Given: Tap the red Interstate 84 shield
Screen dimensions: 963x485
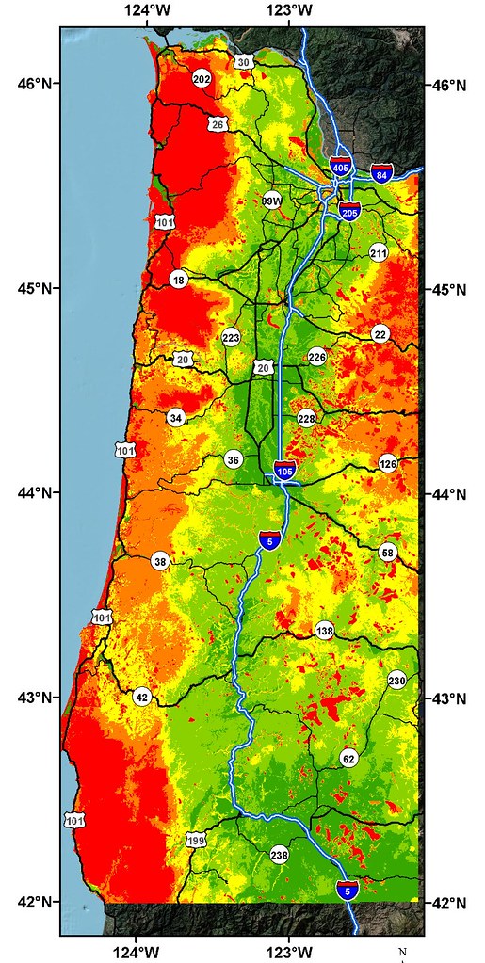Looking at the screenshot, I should coord(381,173).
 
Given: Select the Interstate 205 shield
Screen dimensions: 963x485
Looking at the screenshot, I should coord(349,212).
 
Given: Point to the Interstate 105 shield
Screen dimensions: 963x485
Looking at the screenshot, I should coord(285,469).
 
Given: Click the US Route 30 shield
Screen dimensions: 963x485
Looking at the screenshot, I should coord(244,62).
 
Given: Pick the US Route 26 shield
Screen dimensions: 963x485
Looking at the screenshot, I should coord(218,124).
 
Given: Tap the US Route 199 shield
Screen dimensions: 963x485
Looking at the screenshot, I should coord(196,840).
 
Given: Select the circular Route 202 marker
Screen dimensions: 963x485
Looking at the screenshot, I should coord(201,79).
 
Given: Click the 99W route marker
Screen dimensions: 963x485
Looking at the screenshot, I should coord(272,201).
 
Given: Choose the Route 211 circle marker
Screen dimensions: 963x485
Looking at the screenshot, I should coord(379,253).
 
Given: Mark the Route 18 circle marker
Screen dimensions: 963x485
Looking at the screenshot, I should coord(179,280).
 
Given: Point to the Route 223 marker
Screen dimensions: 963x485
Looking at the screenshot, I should coord(232,337).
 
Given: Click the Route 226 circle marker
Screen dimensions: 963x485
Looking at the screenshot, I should coord(316,356).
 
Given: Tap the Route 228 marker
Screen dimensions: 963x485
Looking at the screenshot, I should coord(306,418).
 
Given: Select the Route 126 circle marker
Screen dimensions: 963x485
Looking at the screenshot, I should coord(387,463).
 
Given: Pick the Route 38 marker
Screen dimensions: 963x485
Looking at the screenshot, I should coord(160,561).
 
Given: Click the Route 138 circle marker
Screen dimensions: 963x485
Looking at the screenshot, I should coord(325,630).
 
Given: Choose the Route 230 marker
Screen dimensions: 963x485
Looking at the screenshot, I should coord(396,680).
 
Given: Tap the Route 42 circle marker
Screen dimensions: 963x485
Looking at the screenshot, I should coord(141,697).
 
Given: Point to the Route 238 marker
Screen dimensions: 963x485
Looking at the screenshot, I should coord(279,855).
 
